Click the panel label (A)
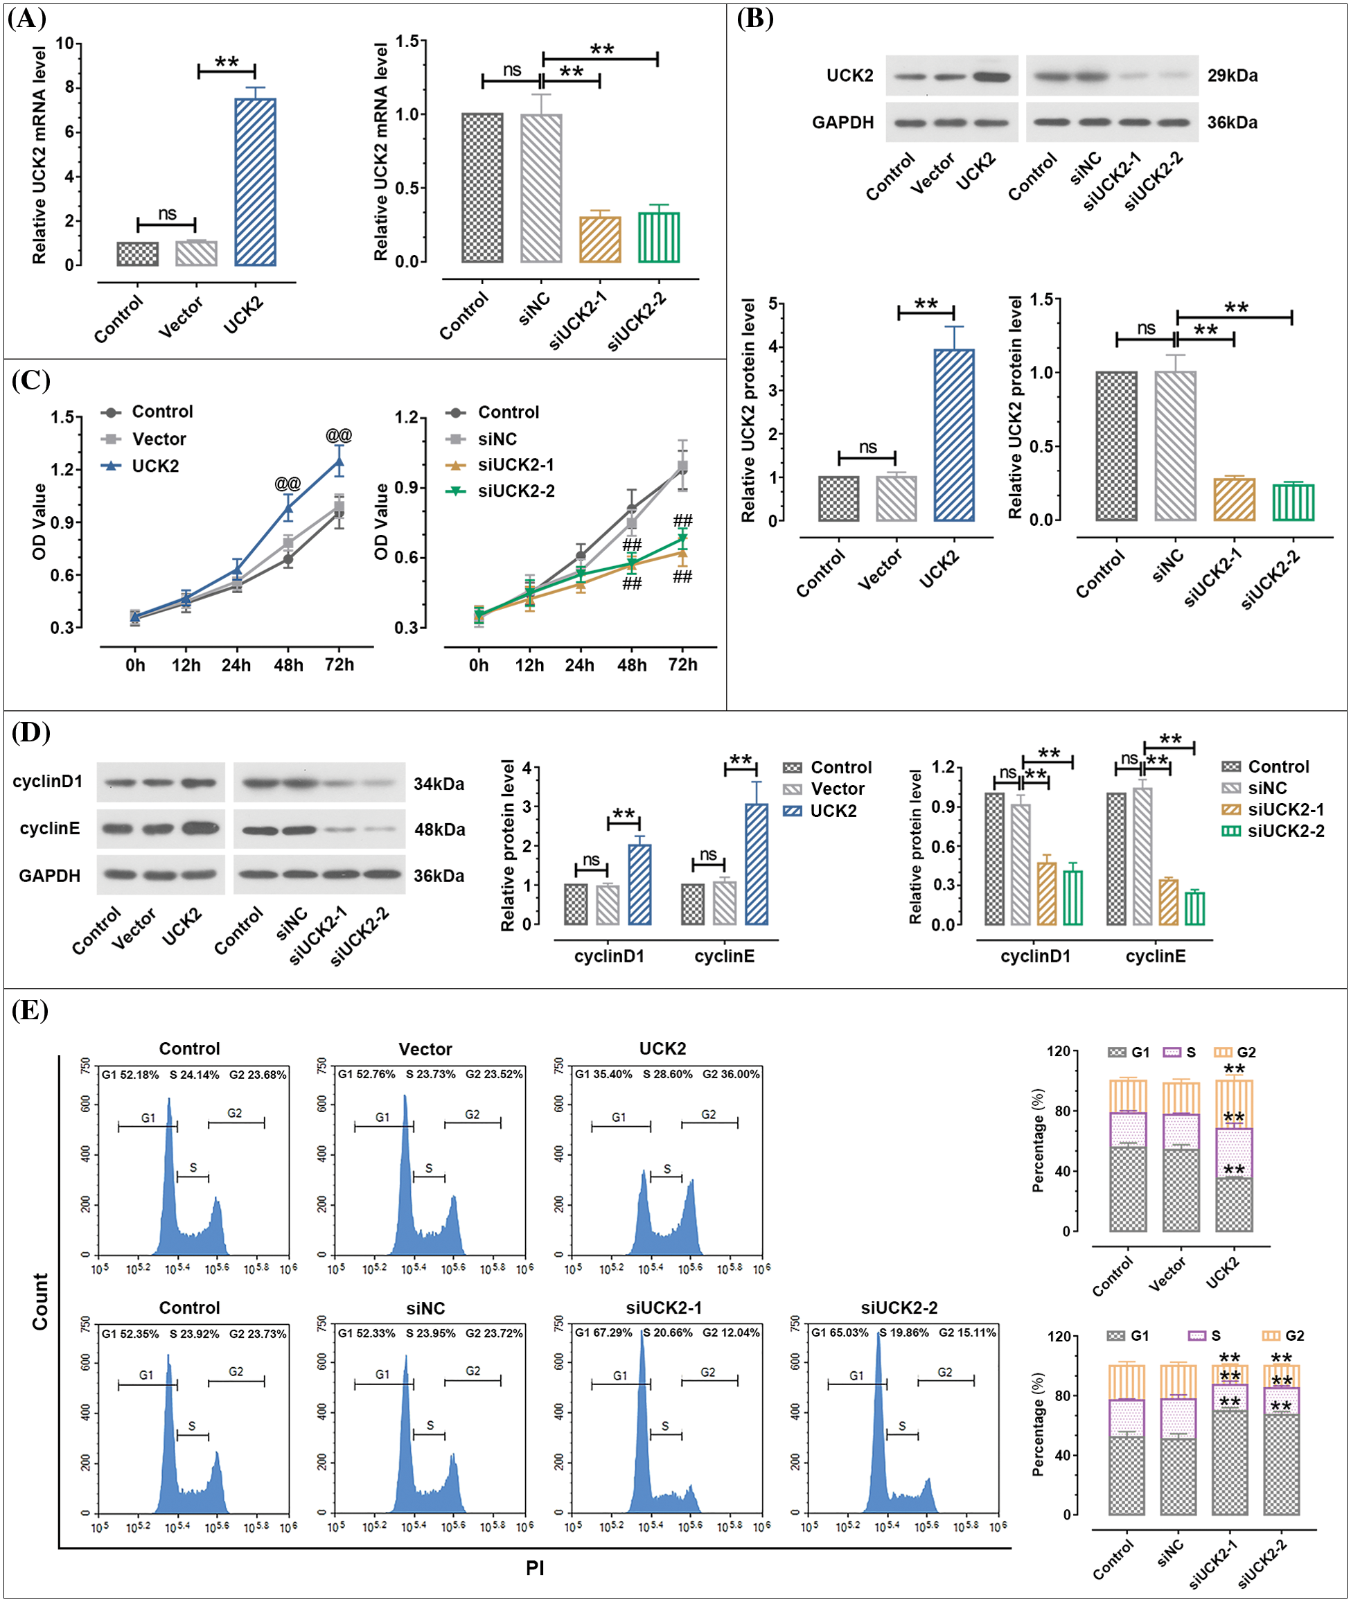tap(27, 19)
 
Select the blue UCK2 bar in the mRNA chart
tap(255, 182)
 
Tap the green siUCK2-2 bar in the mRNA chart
tap(659, 238)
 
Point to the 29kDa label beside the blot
tap(1233, 76)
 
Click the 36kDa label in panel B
tap(1233, 123)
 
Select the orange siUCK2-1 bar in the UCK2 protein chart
tap(1234, 500)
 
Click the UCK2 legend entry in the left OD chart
tap(154, 466)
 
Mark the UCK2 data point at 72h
tap(339, 461)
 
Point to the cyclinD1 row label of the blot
tap(48, 781)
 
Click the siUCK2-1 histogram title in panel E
tap(663, 1308)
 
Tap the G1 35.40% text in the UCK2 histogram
tap(603, 1075)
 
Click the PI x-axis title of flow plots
tap(535, 1568)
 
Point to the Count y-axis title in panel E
tap(39, 1301)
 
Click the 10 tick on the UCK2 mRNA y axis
tap(64, 44)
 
